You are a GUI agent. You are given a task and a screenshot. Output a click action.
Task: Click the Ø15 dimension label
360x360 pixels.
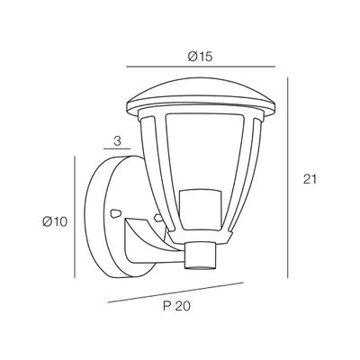(200, 57)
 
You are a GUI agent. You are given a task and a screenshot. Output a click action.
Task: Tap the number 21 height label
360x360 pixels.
(310, 179)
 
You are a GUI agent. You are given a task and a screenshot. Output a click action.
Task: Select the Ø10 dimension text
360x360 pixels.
(55, 221)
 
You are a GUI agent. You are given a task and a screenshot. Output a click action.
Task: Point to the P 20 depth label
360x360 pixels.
(176, 306)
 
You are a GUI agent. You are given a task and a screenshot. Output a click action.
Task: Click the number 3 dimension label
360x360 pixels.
(117, 141)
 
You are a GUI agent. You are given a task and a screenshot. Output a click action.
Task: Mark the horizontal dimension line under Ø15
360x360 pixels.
(201, 67)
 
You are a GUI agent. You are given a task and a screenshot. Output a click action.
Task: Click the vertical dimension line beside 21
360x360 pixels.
(288, 177)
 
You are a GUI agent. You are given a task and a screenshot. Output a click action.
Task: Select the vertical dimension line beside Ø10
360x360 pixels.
(74, 217)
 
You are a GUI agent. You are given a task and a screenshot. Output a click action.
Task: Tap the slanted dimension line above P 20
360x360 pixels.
(175, 292)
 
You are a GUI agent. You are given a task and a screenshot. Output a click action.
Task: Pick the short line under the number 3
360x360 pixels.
(117, 148)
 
